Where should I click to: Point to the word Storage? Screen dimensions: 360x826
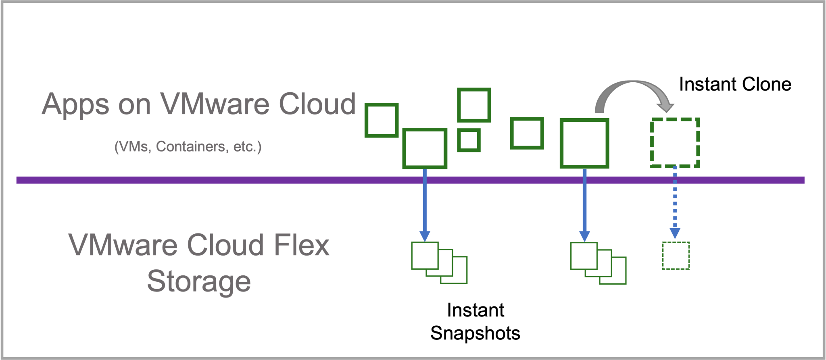tap(199, 281)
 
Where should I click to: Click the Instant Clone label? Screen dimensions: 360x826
tap(735, 84)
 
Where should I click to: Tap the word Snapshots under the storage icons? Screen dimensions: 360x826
tap(475, 333)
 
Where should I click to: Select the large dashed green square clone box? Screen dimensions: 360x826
tap(675, 143)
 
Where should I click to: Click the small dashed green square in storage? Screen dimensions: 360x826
tap(676, 256)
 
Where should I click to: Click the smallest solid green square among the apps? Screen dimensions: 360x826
tap(469, 140)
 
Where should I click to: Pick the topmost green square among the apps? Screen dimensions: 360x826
tap(474, 105)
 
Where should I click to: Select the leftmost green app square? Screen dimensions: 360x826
tap(382, 120)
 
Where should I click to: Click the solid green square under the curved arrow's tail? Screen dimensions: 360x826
tap(584, 143)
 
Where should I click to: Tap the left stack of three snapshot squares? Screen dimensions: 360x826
tap(439, 263)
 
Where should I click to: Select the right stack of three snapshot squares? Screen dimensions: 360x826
tap(598, 263)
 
